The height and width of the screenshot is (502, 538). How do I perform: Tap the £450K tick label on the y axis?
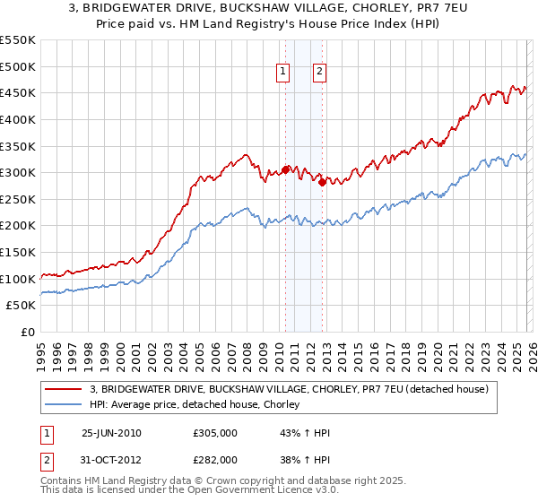click(18, 92)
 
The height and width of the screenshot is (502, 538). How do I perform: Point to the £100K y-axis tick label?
click(18, 279)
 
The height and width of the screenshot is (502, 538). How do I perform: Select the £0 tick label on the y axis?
click(29, 332)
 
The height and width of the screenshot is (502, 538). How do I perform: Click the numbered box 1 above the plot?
click(283, 74)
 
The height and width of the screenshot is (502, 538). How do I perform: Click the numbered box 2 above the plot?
click(320, 74)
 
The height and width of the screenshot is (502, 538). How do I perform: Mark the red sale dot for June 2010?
click(286, 169)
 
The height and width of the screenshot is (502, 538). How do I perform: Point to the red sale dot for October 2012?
click(322, 182)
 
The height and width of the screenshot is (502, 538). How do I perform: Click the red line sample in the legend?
click(64, 389)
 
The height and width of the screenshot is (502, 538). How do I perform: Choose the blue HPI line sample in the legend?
click(64, 405)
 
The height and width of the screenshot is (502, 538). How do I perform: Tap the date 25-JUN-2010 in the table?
click(111, 433)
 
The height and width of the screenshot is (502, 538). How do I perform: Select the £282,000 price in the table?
click(215, 460)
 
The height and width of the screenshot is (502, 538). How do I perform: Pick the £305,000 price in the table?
click(215, 433)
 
